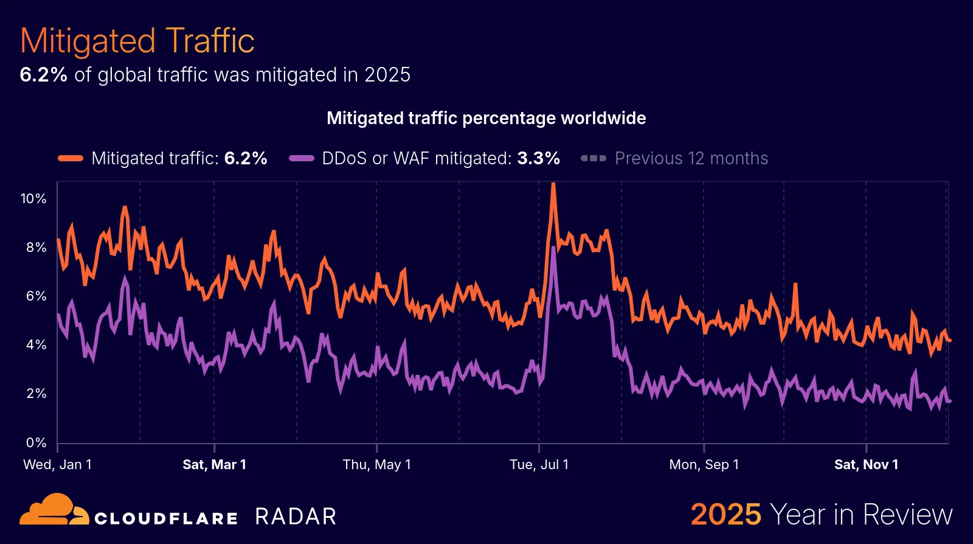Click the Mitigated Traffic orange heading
pos(137,41)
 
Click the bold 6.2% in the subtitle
pos(43,75)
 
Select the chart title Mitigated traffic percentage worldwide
pos(486,118)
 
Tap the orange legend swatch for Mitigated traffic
pos(71,158)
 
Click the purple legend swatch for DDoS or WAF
pos(301,158)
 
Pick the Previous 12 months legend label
pos(691,158)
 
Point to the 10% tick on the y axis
pos(33,198)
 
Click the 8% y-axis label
pos(36,247)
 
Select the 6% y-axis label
pos(36,296)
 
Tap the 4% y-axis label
pos(36,344)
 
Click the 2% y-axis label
pos(36,393)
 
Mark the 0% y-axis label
pos(36,442)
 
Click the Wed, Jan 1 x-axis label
pos(57,464)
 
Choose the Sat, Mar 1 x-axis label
pos(214,464)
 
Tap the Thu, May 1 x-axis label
pos(376,464)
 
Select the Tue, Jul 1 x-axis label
pos(539,464)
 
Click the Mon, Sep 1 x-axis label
pos(704,464)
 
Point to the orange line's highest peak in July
pos(553,184)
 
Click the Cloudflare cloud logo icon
pos(54,510)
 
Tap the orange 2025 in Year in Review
pos(725,514)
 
